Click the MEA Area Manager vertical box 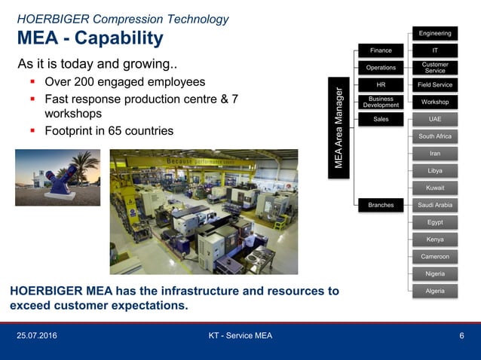(x=339, y=127)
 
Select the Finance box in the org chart (x=381, y=50)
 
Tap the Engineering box (x=435, y=33)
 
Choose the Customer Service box (x=435, y=68)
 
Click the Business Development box (x=381, y=102)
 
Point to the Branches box (x=381, y=205)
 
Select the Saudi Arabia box (x=435, y=205)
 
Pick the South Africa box (x=435, y=136)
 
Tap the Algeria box (x=435, y=291)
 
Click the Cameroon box (x=435, y=257)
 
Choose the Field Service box (x=435, y=85)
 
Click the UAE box (x=435, y=119)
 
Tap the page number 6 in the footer (x=461, y=336)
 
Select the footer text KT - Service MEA (x=240, y=336)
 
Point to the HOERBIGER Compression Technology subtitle (x=123, y=19)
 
